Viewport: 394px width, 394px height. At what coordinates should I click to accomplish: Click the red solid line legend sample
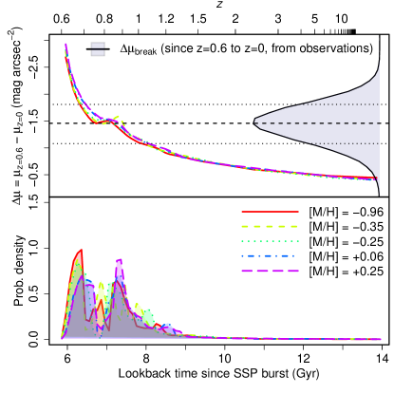270,212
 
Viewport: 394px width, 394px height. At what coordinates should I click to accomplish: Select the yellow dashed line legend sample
270,227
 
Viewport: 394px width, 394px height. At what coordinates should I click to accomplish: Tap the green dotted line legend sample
270,241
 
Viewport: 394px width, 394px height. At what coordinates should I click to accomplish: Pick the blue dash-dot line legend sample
270,256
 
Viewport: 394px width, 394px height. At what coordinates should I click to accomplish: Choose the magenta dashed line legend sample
270,272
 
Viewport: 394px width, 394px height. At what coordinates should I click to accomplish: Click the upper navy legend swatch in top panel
98,45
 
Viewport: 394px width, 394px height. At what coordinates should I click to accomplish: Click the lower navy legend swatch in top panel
98,53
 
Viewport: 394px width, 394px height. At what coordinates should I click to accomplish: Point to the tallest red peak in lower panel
80,252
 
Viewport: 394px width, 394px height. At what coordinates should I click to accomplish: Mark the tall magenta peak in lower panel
119,261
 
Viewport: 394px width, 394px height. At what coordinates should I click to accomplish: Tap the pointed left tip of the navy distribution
255,122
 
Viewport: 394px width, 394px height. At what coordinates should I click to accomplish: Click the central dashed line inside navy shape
323,123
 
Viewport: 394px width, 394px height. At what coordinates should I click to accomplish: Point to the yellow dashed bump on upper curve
117,118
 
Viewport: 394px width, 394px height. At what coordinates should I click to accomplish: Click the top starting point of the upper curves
66,45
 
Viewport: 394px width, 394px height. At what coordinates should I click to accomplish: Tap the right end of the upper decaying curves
376,178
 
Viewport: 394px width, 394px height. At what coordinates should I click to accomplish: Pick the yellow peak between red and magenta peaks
101,284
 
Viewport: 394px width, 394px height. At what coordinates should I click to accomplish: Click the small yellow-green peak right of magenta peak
139,307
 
